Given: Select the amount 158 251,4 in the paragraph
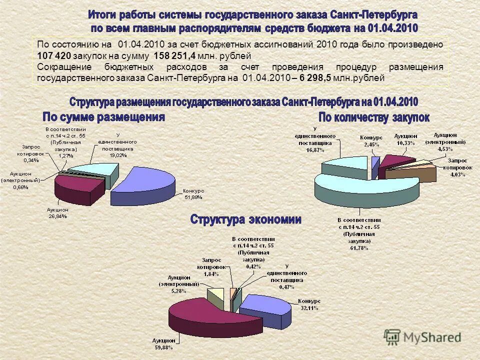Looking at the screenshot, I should [x=174, y=55].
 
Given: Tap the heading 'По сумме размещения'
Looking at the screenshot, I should [x=103, y=117].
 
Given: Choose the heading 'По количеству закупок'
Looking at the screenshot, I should [x=374, y=117].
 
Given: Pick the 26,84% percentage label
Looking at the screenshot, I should [x=57, y=216].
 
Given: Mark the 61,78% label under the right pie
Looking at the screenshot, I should [x=359, y=247].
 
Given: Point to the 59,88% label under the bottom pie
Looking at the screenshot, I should [x=163, y=347].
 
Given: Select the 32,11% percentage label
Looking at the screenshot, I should [x=309, y=308].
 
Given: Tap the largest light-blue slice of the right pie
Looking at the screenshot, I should [x=365, y=187].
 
